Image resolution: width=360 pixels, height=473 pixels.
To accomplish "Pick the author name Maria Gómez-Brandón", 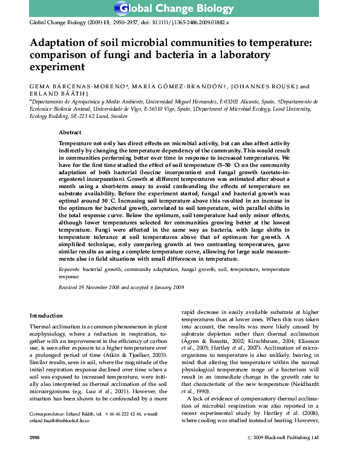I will (179, 87).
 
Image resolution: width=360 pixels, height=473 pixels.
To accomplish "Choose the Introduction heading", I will (46, 316).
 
